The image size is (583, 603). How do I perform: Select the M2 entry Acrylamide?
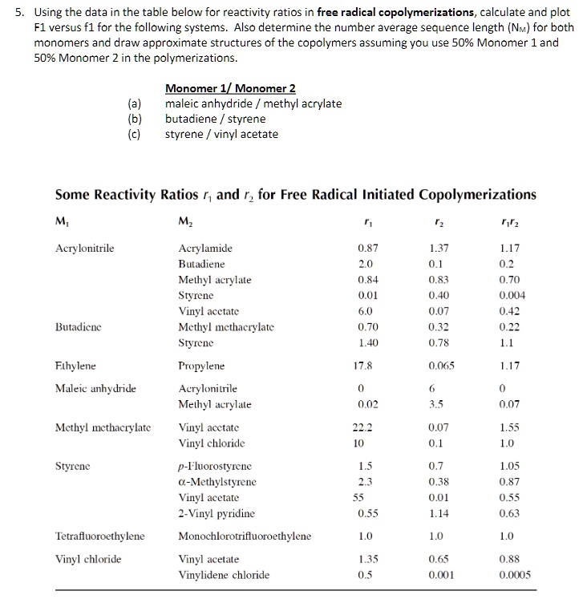[x=205, y=249]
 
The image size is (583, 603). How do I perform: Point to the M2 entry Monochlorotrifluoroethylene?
[x=245, y=536]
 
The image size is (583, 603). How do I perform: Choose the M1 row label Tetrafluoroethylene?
[x=99, y=536]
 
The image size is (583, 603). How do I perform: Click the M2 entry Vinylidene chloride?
[x=224, y=575]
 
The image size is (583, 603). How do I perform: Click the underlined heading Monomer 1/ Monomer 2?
[x=230, y=88]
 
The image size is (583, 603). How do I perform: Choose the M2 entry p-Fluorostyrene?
[x=213, y=467]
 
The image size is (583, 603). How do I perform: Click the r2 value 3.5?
[x=438, y=405]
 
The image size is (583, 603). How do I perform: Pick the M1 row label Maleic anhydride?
[x=95, y=390]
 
